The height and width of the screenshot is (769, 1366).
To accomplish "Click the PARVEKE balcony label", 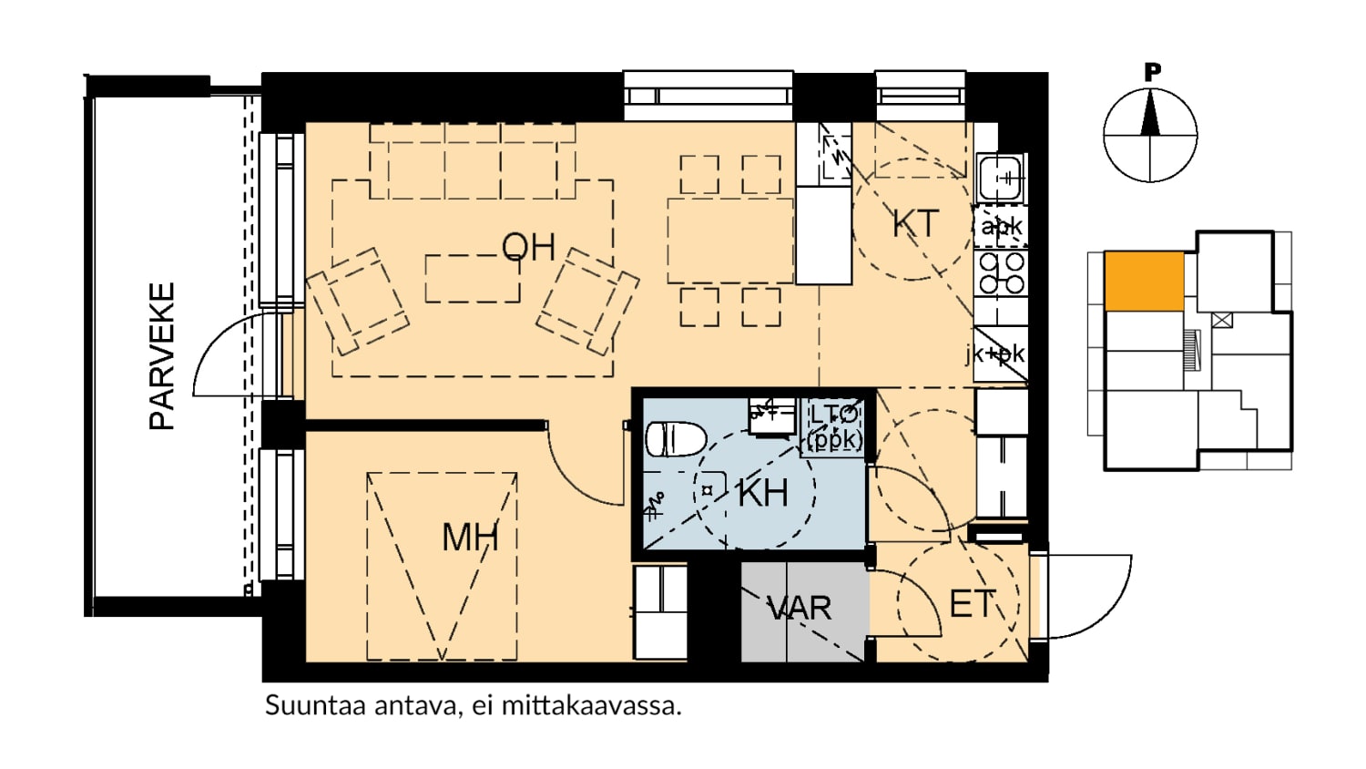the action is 162,356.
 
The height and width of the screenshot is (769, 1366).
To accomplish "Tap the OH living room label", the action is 528,247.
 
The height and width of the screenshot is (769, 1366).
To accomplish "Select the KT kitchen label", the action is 915,223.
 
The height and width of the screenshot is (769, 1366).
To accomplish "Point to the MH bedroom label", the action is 470,538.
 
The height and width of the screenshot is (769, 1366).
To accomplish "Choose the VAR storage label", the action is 800,609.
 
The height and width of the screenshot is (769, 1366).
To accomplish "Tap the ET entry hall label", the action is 972,603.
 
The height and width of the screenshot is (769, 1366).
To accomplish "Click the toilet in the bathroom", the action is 676,439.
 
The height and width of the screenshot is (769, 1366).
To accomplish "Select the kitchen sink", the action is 1000,178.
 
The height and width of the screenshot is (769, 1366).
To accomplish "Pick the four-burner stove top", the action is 1001,272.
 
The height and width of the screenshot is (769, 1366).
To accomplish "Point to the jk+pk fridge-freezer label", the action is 996,354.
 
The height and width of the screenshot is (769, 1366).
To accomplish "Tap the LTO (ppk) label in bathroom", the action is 833,428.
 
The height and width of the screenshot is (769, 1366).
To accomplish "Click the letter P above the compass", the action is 1151,73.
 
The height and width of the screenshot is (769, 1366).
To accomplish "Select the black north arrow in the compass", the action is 1150,112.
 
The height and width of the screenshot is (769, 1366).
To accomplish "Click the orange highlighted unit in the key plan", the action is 1144,282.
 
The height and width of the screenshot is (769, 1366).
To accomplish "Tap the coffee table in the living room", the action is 473,279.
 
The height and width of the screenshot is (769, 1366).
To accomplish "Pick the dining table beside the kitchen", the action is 730,241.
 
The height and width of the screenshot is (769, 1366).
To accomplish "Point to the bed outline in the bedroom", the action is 442,566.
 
